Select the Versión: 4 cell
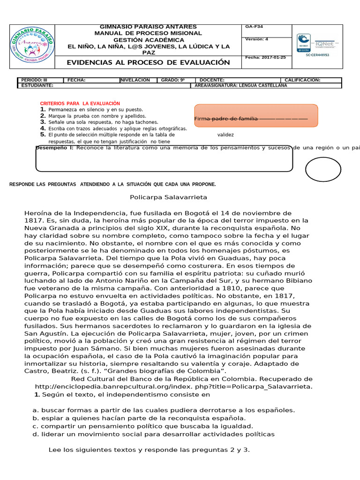tap(257, 39)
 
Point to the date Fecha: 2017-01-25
tap(265, 57)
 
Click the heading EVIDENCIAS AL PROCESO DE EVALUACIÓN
tap(148, 62)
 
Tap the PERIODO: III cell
tap(35, 80)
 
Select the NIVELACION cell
tap(135, 80)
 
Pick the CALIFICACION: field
tap(302, 80)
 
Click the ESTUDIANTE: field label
tap(37, 85)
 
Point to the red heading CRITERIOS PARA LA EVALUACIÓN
tap(80, 103)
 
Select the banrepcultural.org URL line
tap(173, 386)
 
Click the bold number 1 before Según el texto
tap(36, 395)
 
